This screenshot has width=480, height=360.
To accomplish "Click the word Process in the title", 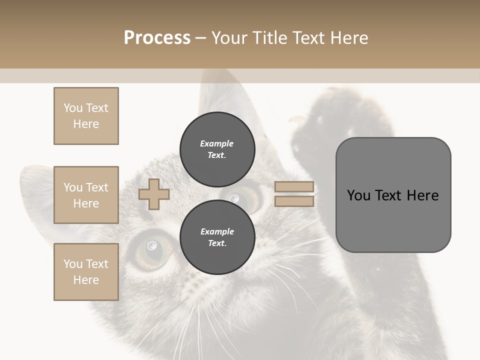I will click(157, 38).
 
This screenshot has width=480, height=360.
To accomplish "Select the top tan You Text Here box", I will click(86, 116).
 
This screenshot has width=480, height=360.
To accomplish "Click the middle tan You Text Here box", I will click(86, 195).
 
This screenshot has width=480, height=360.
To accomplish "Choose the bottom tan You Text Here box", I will click(86, 272).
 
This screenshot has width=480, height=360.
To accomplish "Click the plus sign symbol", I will click(154, 194).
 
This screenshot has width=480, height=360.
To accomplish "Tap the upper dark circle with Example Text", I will click(217, 149).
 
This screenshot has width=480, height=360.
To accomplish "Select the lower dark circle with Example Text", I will click(217, 237).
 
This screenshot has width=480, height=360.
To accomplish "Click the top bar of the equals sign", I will click(294, 186).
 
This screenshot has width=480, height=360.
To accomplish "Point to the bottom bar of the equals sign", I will click(294, 201).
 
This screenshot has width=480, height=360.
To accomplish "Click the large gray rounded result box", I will click(393, 195).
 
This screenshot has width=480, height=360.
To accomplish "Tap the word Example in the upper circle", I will click(216, 143).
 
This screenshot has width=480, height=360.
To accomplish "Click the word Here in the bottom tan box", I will click(86, 280).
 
